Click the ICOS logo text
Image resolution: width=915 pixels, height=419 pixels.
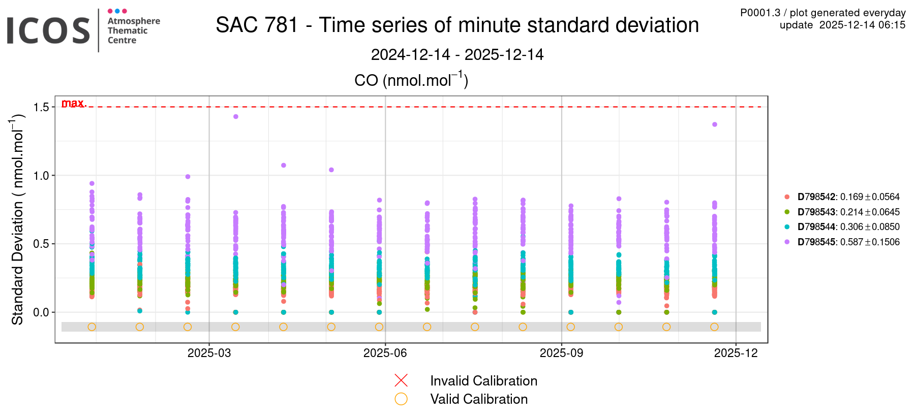pyautogui.click(x=48, y=31)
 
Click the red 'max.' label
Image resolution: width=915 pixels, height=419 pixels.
pyautogui.click(x=74, y=103)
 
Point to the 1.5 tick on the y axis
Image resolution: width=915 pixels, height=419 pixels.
pyautogui.click(x=41, y=107)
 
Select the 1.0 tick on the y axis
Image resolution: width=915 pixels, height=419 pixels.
pyautogui.click(x=41, y=176)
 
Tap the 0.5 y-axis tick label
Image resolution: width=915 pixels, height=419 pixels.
pyautogui.click(x=41, y=244)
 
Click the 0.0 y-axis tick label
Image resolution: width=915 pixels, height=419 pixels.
pyautogui.click(x=41, y=312)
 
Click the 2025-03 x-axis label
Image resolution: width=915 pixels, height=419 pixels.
pyautogui.click(x=209, y=353)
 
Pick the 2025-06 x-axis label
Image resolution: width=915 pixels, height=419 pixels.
pyautogui.click(x=385, y=353)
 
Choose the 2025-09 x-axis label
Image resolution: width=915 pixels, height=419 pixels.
pyautogui.click(x=561, y=353)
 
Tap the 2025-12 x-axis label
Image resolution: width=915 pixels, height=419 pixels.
pyautogui.click(x=736, y=353)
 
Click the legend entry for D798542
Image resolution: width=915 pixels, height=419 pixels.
pyautogui.click(x=843, y=197)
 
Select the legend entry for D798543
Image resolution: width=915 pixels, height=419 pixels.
pyautogui.click(x=843, y=212)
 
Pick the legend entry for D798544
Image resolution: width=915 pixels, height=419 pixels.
pyautogui.click(x=843, y=227)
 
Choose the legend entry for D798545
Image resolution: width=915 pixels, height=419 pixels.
pyautogui.click(x=843, y=242)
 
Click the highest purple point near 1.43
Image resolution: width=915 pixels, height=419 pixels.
pyautogui.click(x=236, y=117)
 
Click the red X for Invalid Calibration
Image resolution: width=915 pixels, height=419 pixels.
pyautogui.click(x=401, y=380)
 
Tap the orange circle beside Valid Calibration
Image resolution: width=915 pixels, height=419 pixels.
pyautogui.click(x=401, y=399)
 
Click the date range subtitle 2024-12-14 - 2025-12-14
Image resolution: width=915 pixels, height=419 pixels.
pyautogui.click(x=457, y=54)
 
